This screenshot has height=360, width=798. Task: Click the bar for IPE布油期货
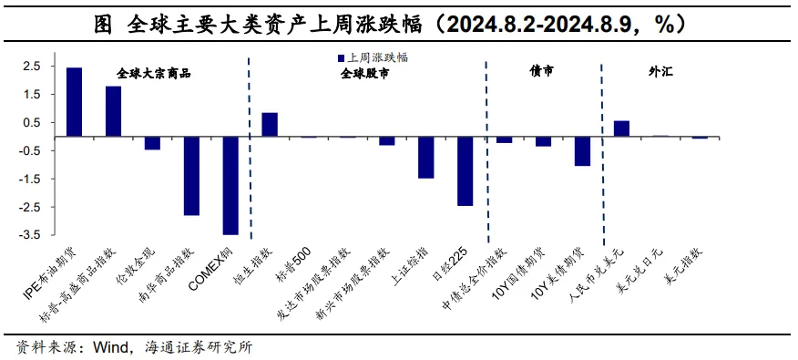74,102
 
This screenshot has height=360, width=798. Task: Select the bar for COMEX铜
230,186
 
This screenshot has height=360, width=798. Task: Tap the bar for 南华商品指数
191,176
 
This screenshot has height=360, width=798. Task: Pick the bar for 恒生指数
270,125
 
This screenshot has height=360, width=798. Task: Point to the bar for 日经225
465,171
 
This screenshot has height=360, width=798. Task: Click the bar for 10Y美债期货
582,151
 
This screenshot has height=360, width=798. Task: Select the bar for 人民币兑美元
621,129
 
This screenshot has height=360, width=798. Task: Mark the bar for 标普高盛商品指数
113,111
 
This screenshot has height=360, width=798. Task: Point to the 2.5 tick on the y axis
32,67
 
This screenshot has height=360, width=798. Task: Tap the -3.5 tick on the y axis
30,235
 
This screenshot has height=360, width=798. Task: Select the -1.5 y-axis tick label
30,179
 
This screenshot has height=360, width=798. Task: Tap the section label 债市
541,71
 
